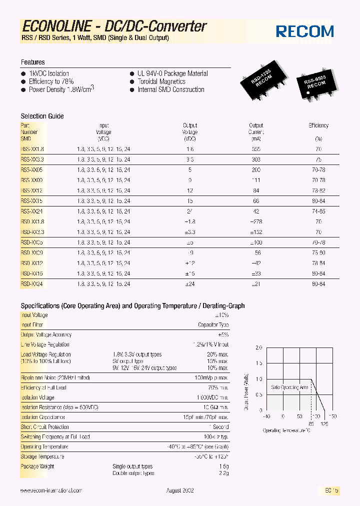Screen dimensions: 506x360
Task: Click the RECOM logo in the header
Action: pos(304,31)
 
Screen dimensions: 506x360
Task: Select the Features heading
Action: pos(32,62)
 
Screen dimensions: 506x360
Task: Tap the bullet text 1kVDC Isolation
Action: pos(48,73)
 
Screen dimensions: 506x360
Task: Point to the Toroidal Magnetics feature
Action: pos(161,81)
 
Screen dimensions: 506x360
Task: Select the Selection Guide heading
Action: pos(42,116)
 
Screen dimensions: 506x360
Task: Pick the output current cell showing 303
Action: pos(256,159)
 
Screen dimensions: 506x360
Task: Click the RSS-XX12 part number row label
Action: pos(31,190)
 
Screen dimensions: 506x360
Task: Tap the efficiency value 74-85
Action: pos(318,211)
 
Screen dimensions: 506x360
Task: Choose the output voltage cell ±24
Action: pos(190,284)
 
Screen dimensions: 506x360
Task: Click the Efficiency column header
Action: pos(318,125)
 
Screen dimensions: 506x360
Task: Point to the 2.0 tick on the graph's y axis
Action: pos(258,347)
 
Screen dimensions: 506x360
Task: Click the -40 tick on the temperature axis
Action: pos(266,416)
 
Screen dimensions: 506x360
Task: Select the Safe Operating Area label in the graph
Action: pos(289,387)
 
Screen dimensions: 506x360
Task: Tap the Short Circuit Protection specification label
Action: pos(44,427)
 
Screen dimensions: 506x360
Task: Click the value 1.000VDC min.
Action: pos(212,397)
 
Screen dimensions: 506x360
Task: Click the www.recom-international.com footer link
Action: pos(51,491)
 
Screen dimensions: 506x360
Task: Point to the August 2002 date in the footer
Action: pos(180,491)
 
